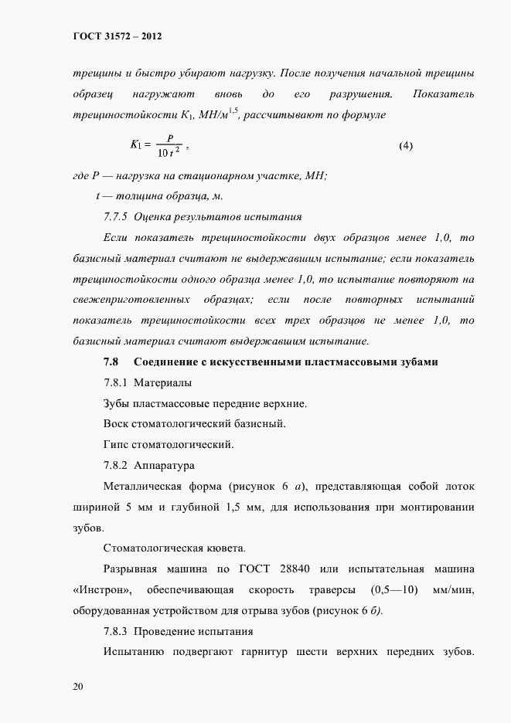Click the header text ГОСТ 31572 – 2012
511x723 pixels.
coord(118,36)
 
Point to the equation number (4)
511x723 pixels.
coord(406,145)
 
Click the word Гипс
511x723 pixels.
coord(116,445)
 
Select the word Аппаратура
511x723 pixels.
coord(165,466)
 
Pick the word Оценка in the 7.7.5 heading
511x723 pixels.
coord(152,217)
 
